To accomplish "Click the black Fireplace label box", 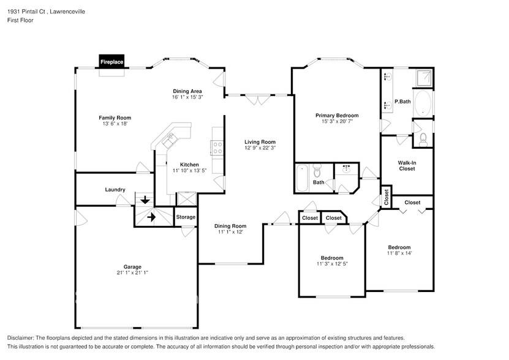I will (x=112, y=62).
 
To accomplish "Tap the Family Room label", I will (x=115, y=118).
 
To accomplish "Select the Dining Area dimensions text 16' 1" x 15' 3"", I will (x=187, y=97).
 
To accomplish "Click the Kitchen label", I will (x=189, y=164).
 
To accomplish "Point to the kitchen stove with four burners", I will (x=217, y=147).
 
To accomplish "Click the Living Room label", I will (x=260, y=141).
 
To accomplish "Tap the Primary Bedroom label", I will (x=337, y=115).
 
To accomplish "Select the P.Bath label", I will (x=402, y=102).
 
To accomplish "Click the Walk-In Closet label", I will (x=407, y=165).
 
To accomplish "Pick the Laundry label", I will (x=115, y=190).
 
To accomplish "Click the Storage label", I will (x=186, y=217).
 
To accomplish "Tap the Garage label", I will (x=132, y=266).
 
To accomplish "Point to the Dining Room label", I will (x=230, y=226).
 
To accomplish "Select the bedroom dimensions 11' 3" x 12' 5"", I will (x=332, y=264).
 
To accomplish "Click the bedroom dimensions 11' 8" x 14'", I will (x=399, y=253).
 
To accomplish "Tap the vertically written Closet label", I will (x=386, y=197).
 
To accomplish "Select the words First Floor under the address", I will (x=20, y=20).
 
